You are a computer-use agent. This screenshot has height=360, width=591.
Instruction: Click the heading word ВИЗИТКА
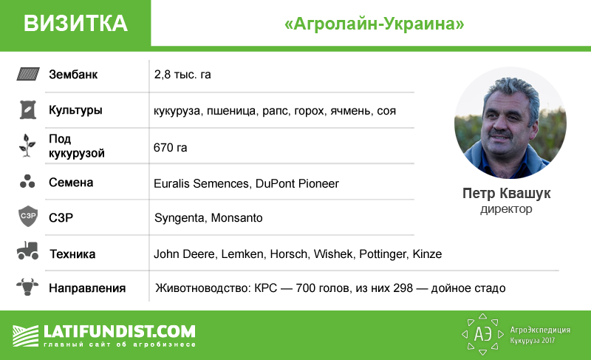(x=75, y=23)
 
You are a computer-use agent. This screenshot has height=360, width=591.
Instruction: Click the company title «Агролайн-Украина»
(x=375, y=24)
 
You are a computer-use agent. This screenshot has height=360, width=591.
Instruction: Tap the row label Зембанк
(x=73, y=74)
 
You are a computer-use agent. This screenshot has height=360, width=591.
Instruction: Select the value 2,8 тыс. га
(x=182, y=75)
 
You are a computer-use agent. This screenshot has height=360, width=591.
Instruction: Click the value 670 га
(x=170, y=147)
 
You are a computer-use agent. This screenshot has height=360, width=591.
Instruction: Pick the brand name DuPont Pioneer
(x=297, y=183)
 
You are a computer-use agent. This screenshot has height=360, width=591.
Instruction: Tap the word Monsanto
(x=236, y=218)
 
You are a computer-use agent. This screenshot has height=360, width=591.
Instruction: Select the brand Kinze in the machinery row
(x=427, y=254)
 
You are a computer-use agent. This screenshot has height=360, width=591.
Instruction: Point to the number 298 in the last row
(x=403, y=288)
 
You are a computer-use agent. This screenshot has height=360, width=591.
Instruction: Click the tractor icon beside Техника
(x=27, y=251)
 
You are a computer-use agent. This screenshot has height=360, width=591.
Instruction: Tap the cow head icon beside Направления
(x=27, y=287)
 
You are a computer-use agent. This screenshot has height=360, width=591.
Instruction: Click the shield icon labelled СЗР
(x=28, y=216)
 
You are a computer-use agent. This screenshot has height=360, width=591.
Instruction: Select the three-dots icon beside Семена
(x=27, y=181)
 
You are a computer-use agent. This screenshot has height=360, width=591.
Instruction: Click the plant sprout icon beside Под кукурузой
(x=27, y=146)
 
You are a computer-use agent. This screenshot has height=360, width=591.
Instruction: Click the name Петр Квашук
(x=506, y=194)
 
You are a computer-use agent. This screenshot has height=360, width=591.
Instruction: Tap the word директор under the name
(x=506, y=209)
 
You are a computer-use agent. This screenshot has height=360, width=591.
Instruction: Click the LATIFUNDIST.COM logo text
(x=120, y=332)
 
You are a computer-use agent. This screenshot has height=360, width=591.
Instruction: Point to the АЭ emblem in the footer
(x=483, y=334)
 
